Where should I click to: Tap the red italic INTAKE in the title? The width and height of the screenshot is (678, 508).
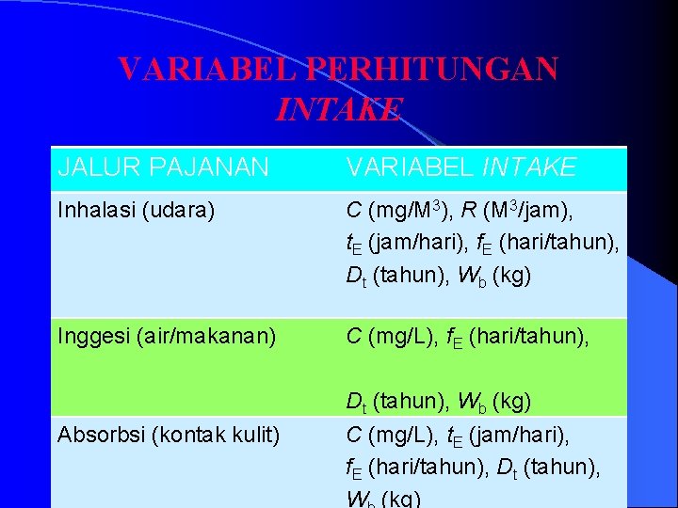click(x=339, y=109)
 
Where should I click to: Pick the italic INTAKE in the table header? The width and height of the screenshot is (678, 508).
click(x=528, y=168)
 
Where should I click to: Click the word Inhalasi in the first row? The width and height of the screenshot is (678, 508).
click(x=93, y=212)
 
